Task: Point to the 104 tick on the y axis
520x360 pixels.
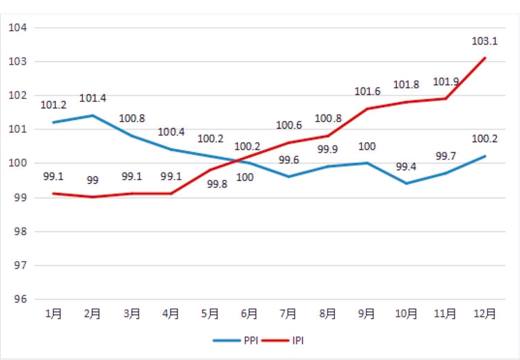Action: click(x=17, y=28)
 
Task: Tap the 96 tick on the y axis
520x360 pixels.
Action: click(x=17, y=299)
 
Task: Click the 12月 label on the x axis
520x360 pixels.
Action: click(x=485, y=314)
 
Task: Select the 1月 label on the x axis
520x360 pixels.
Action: click(x=53, y=314)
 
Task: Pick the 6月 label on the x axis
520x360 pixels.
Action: click(x=249, y=314)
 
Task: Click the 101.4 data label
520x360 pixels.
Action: click(x=93, y=98)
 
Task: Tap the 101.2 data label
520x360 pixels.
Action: click(x=54, y=105)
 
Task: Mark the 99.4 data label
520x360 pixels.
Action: click(x=407, y=167)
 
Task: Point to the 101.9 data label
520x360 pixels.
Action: click(x=446, y=82)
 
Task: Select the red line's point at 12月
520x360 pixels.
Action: click(x=485, y=58)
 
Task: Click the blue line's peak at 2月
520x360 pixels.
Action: click(x=93, y=116)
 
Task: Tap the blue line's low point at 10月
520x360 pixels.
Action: click(x=407, y=183)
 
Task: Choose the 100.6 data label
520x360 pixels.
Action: click(x=289, y=125)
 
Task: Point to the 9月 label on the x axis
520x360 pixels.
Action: click(x=367, y=314)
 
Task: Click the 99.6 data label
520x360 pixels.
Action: click(x=289, y=160)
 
